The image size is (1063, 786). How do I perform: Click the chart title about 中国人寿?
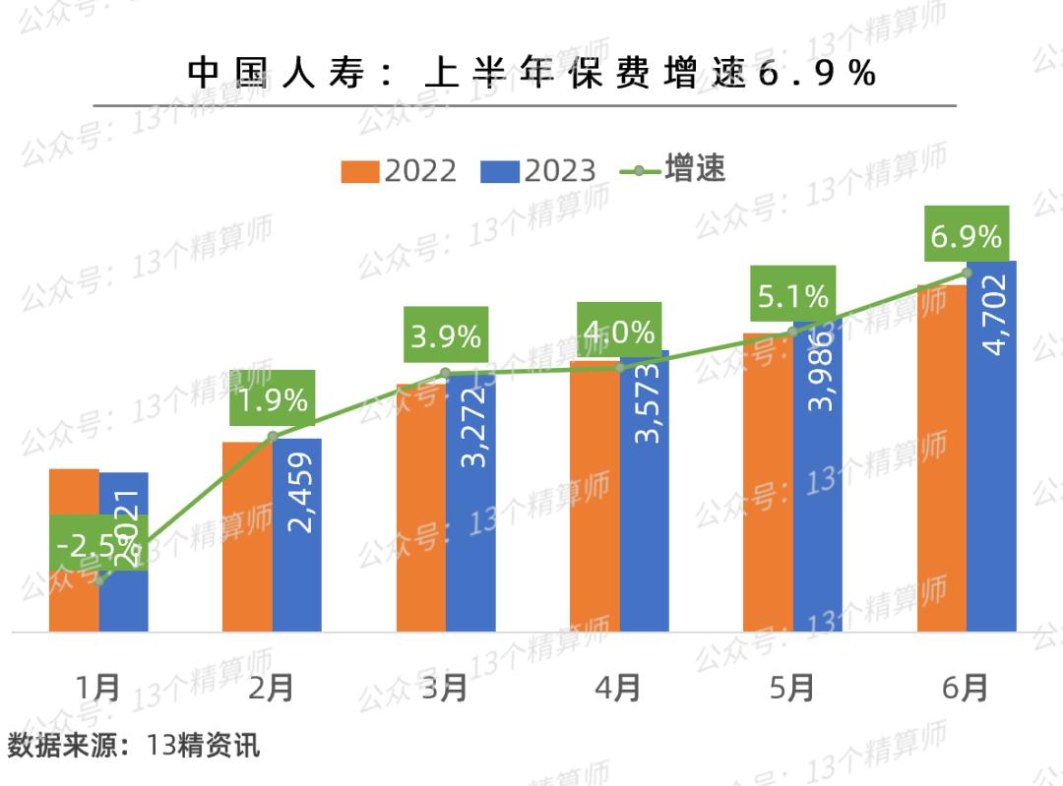point(531,74)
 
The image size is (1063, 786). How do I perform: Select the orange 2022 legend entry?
point(399,170)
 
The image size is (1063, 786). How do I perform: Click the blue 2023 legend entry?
point(538,170)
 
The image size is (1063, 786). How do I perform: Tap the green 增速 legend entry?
point(673,169)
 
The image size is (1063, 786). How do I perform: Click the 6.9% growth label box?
point(967,236)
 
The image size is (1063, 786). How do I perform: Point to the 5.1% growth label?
point(793,295)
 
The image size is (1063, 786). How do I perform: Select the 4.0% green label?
point(619,333)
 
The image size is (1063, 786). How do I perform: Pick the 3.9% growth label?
point(446,336)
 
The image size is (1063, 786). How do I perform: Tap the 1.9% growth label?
point(273,399)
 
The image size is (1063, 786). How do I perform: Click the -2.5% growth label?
point(98,543)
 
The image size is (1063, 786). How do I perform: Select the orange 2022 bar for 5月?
point(768,482)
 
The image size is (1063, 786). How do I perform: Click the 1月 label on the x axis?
point(98,688)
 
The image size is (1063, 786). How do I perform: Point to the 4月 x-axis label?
point(619,688)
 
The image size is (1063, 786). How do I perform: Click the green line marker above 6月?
point(967,272)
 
